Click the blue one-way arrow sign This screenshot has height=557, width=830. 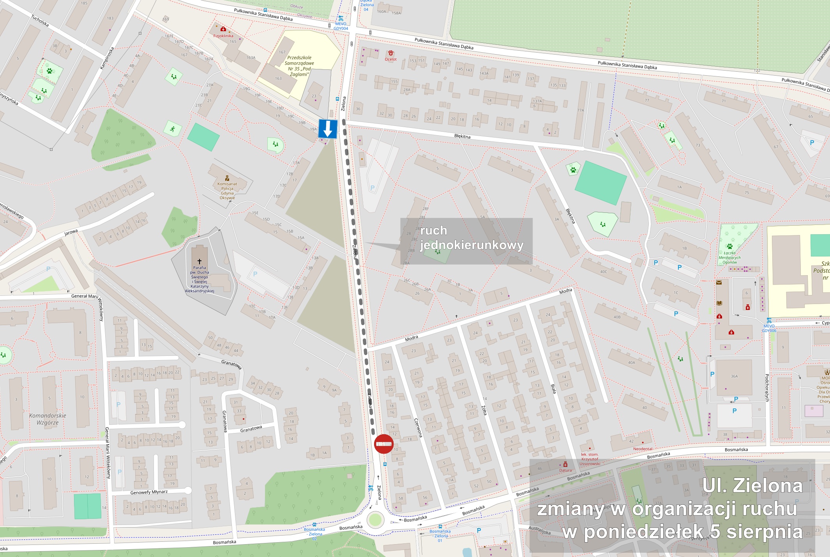click(328, 129)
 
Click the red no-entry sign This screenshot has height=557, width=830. click(384, 444)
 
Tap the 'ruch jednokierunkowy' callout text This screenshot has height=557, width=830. click(471, 238)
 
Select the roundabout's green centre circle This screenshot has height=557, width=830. click(375, 520)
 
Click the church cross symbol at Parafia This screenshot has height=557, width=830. click(200, 261)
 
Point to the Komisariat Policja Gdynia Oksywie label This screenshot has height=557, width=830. click(227, 191)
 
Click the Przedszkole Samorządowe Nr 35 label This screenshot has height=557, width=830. click(299, 66)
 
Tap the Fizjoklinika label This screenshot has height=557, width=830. click(223, 36)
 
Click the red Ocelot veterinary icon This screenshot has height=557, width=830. click(390, 53)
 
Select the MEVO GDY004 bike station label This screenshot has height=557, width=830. click(341, 26)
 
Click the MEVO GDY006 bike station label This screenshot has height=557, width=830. click(769, 328)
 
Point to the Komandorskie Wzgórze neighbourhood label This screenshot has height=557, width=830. click(48, 419)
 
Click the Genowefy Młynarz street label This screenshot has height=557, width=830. click(149, 492)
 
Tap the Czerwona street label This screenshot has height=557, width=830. click(418, 428)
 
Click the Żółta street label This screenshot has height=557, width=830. click(484, 410)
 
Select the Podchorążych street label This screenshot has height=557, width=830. click(767, 388)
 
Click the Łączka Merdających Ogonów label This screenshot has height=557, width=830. click(729, 258)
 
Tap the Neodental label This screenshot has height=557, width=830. click(643, 449)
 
